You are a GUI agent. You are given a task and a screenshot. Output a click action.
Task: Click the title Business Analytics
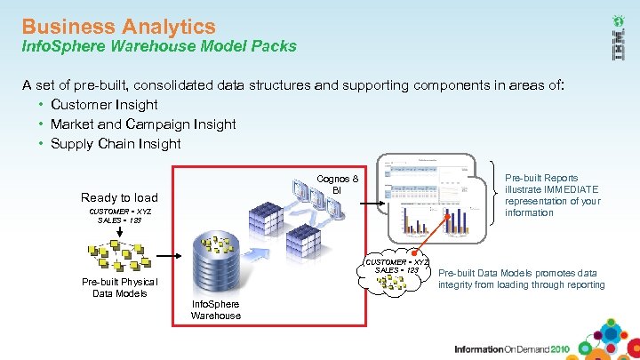click(x=118, y=27)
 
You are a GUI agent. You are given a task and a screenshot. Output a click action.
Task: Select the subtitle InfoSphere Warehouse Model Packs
click(x=159, y=46)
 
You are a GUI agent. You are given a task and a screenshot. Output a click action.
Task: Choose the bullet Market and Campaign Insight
click(x=143, y=124)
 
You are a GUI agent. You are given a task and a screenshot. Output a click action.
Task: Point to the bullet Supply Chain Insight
click(x=116, y=144)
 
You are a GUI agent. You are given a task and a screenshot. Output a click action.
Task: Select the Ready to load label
click(x=119, y=197)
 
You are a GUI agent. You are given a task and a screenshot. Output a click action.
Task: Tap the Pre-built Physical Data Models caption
click(x=119, y=288)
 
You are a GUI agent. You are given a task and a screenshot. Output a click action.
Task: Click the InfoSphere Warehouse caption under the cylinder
click(x=215, y=309)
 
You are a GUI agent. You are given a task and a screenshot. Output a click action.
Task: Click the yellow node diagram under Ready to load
click(x=119, y=253)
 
